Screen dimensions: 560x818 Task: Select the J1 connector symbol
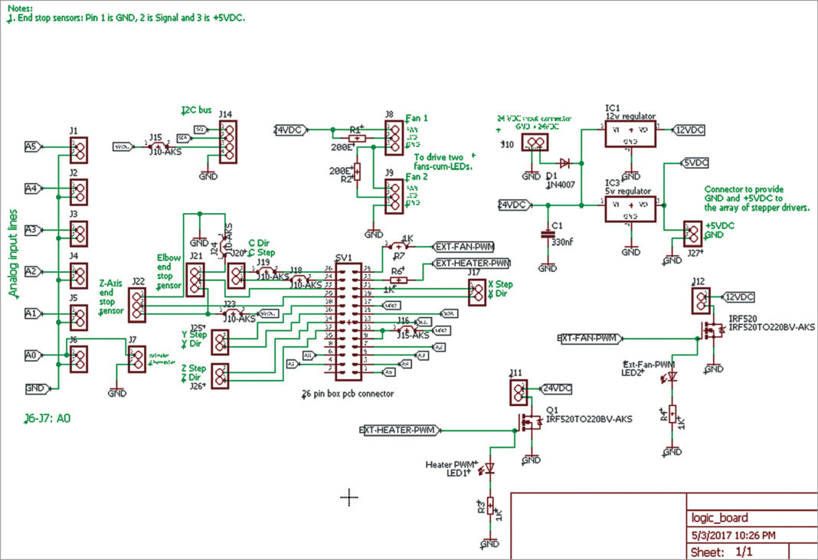[78, 149]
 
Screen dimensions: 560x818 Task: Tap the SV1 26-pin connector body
[348, 320]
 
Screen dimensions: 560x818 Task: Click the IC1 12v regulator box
[630, 136]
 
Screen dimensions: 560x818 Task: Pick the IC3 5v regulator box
[630, 208]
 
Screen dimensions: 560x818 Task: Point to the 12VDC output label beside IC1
[688, 130]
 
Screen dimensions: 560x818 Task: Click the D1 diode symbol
[564, 162]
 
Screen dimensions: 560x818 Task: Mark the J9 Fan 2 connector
[394, 197]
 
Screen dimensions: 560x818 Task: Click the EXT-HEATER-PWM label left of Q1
[398, 431]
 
